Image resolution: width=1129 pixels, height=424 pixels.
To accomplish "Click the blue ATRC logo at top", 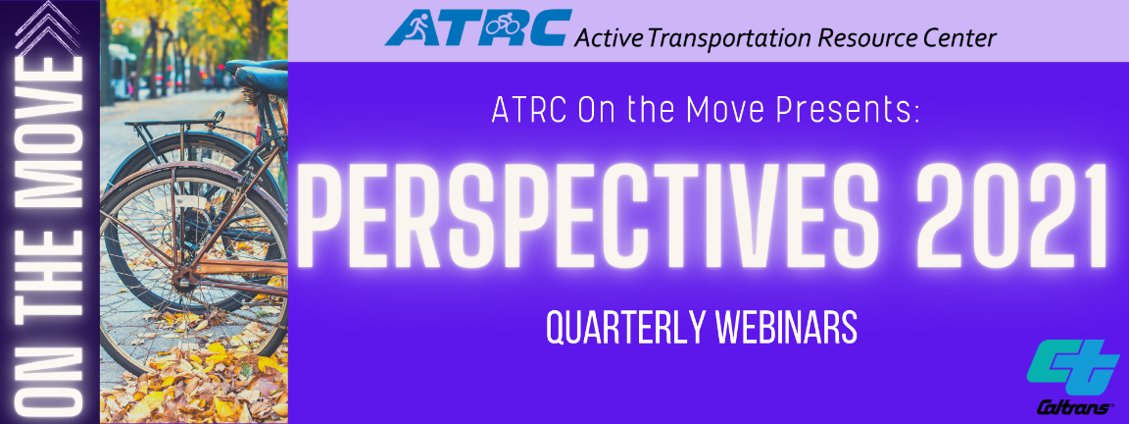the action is [478, 28].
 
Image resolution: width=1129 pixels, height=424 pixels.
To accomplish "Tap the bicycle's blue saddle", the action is [259, 78].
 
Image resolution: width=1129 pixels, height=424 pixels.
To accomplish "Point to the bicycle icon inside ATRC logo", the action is [502, 27].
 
